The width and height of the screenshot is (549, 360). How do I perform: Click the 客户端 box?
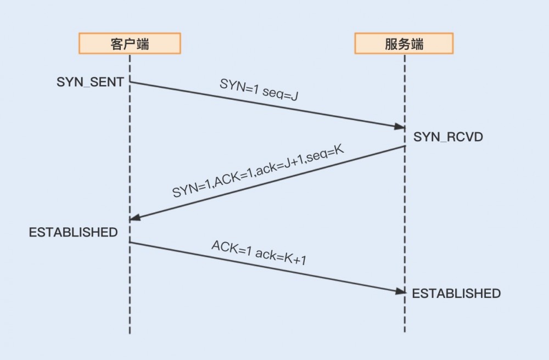coord(130,44)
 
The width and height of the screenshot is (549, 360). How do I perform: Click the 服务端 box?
coord(404,44)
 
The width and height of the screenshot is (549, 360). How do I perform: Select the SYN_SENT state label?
coord(90,82)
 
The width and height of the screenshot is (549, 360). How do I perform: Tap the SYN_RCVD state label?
coord(448,137)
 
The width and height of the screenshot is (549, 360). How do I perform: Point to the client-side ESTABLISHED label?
coord(73,232)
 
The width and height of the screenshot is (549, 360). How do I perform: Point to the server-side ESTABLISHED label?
coord(456,294)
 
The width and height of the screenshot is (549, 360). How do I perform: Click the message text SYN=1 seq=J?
coord(259,91)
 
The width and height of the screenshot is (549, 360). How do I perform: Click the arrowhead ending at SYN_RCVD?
coord(400,127)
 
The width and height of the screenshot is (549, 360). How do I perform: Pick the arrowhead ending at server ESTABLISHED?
coord(400,291)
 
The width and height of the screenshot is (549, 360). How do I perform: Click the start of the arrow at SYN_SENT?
coord(131,82)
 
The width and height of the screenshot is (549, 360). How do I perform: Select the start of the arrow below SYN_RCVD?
coord(404,147)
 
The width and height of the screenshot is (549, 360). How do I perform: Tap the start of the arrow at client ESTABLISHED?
coord(131,242)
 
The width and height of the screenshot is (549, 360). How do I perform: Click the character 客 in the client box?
coord(117,44)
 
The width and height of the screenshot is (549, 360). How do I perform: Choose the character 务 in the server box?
coord(404,44)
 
